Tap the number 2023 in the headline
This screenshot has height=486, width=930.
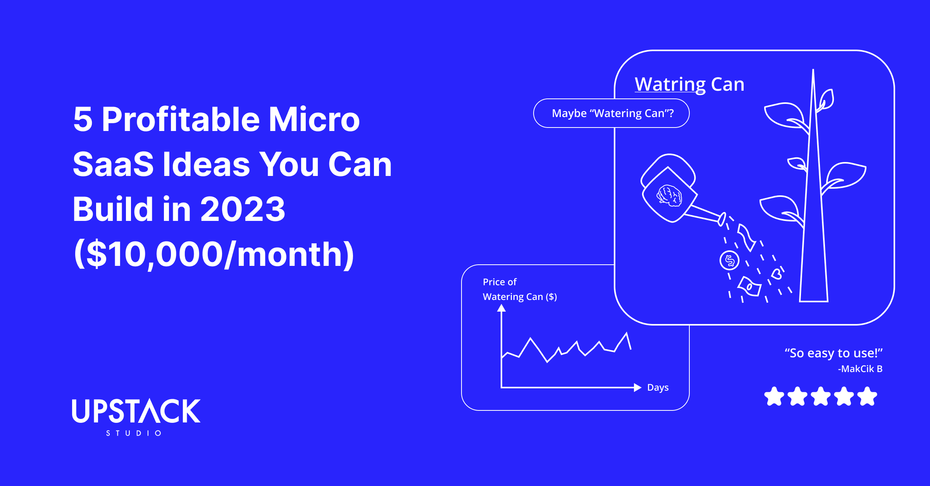(243, 209)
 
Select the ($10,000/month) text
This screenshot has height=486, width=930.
(214, 255)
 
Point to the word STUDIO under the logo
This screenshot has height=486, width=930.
(134, 433)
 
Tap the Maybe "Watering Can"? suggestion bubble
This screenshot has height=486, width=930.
(611, 113)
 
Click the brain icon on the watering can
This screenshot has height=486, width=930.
(669, 195)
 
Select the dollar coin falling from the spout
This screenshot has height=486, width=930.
(729, 260)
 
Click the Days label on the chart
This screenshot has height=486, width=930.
(658, 388)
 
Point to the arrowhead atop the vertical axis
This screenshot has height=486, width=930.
(501, 308)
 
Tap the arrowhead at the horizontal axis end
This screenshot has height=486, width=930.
(637, 388)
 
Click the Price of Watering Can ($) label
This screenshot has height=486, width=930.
(519, 290)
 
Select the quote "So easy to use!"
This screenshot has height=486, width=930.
(833, 353)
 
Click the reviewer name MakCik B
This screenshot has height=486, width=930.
(860, 369)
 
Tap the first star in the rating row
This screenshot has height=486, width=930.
(774, 396)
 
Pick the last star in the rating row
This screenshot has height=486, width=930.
(867, 396)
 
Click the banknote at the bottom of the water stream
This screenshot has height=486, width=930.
(749, 286)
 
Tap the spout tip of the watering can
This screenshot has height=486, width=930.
(722, 219)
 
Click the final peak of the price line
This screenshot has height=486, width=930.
(627, 333)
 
